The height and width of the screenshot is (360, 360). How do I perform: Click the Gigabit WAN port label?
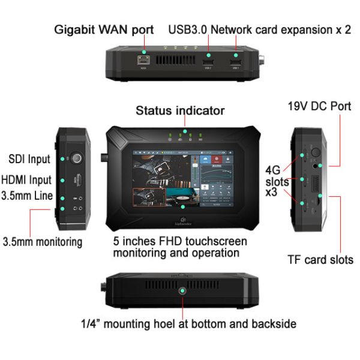pos(104,29)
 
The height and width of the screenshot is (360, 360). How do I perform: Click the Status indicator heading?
pos(180,110)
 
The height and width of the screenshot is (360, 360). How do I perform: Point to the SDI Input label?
pos(29,160)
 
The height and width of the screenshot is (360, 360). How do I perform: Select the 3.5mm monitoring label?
pos(43,242)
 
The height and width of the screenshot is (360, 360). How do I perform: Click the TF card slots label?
pos(319,260)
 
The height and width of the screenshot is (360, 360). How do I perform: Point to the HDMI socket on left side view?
pos(77,179)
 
